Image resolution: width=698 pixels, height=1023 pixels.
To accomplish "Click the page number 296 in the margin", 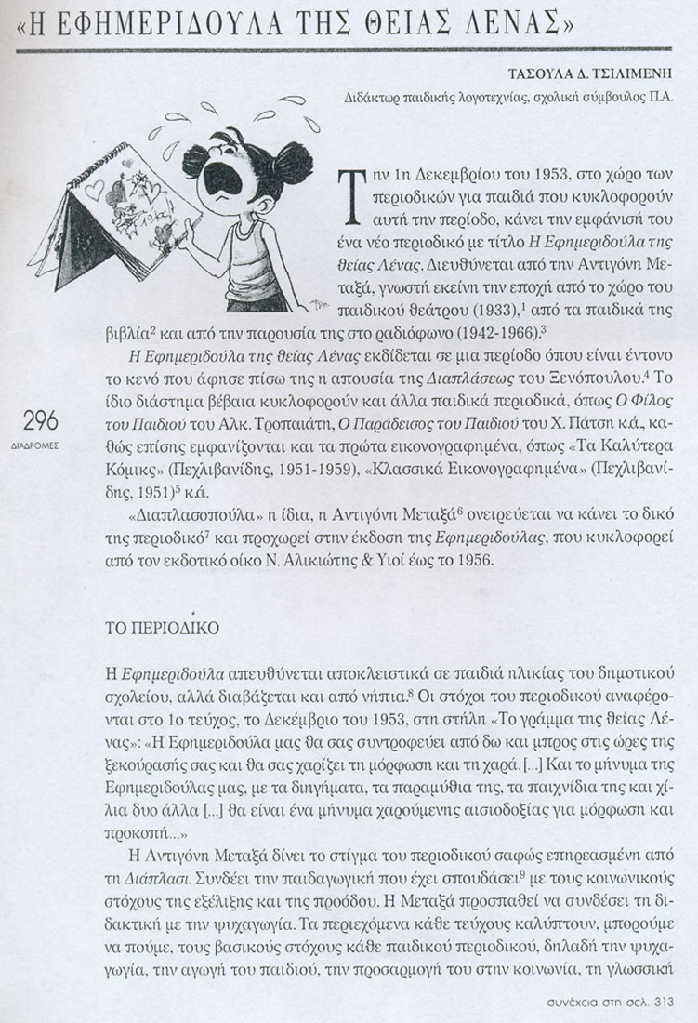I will click(36, 418).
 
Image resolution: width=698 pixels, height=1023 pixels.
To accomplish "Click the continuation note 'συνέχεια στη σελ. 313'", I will click(604, 1002).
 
